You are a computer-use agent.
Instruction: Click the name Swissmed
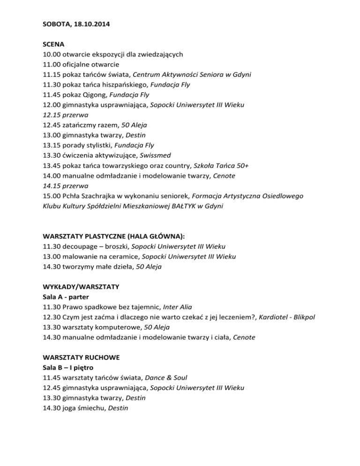click(x=157, y=156)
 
